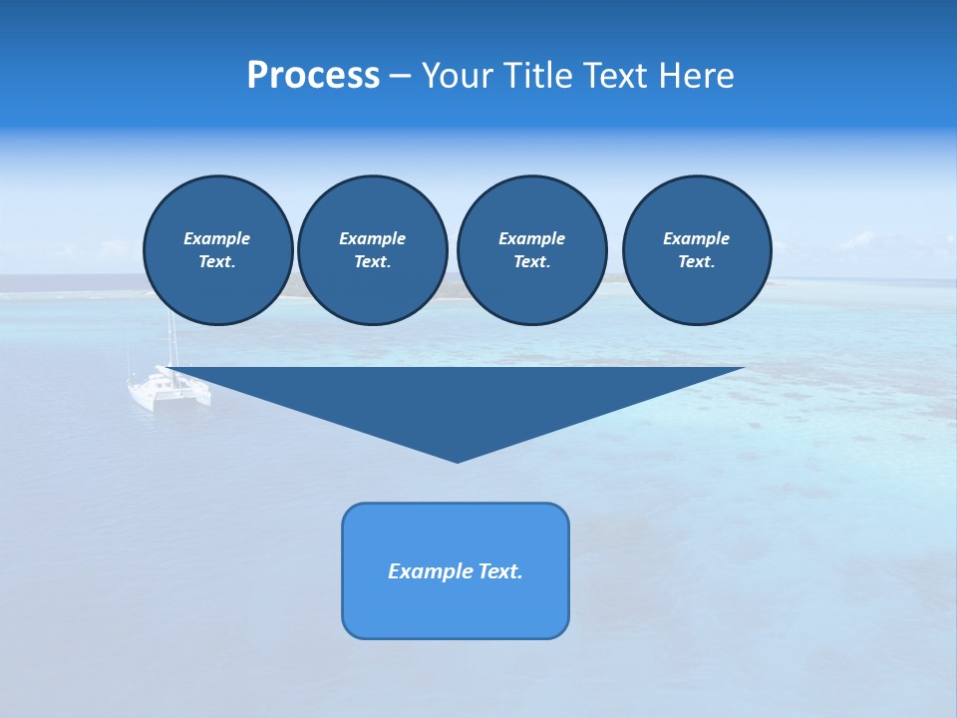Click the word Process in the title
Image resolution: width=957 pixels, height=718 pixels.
pos(313,76)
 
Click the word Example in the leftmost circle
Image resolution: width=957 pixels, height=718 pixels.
pos(217,238)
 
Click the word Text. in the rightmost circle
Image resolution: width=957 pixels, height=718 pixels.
pos(696,261)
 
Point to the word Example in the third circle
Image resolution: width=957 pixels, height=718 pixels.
pos(531,238)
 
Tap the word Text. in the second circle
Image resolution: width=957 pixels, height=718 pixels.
pos(372,261)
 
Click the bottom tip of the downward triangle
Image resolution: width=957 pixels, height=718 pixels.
pos(458,460)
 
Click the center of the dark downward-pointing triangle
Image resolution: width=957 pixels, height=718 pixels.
pos(458,399)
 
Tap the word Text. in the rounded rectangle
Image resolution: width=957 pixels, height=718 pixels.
pos(499,571)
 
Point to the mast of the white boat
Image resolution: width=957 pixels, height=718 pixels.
pos(171,339)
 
